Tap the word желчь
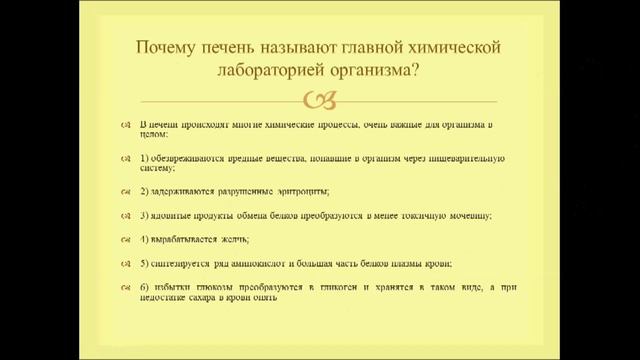tap(234, 240)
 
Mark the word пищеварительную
tap(469, 158)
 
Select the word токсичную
tap(410, 216)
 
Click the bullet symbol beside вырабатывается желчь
tap(127, 240)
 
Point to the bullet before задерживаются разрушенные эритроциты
tap(127, 191)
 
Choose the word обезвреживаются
tap(185, 158)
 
